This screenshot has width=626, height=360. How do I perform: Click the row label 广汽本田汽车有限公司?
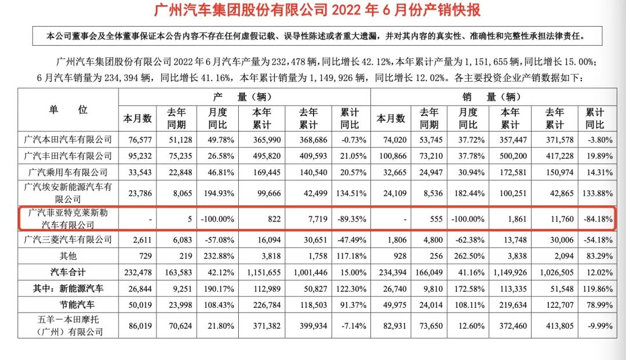point(68,139)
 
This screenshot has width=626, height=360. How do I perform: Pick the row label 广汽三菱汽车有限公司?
point(68,239)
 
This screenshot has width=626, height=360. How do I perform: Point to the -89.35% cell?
point(350,219)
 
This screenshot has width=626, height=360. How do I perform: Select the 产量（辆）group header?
point(243,97)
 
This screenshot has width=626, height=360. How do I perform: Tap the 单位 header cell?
point(68,110)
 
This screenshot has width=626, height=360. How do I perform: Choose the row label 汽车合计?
point(68,271)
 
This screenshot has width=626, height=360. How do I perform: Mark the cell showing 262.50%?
point(468,255)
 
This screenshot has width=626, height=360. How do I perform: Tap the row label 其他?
point(68,255)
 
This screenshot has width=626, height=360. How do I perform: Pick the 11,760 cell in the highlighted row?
point(554,219)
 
